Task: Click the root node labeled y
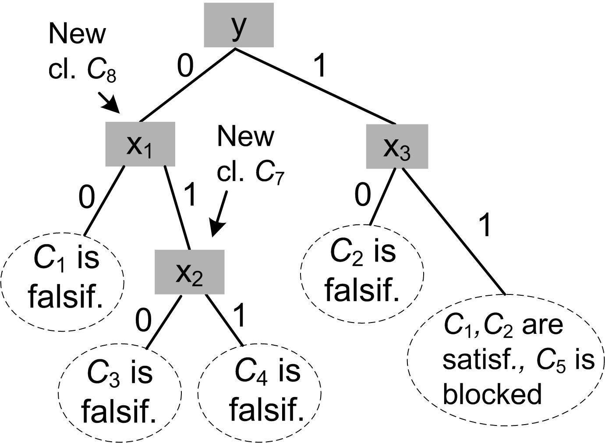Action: pos(239,25)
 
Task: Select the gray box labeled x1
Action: pos(140,144)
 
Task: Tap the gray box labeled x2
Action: pos(189,272)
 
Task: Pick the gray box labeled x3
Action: pos(397,146)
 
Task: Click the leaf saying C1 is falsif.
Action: pos(63,279)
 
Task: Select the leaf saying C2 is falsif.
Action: pos(362,273)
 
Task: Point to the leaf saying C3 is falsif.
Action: pos(120,391)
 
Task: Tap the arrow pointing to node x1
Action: pos(108,102)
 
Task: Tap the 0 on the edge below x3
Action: pos(362,195)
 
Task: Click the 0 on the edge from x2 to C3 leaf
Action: pos(143,320)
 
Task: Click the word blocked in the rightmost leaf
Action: pos(492,393)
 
